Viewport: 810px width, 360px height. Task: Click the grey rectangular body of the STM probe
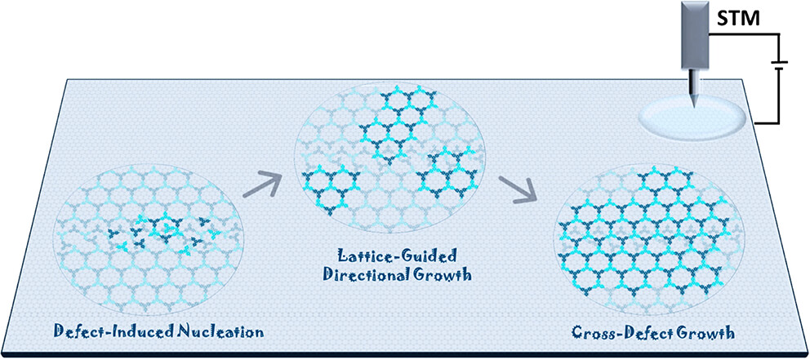point(697,33)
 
